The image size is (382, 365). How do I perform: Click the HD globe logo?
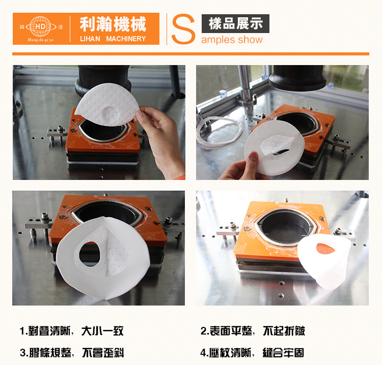tap(40, 26)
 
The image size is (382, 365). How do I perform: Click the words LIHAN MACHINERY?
tap(113, 39)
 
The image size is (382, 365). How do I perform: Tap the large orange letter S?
tap(183, 29)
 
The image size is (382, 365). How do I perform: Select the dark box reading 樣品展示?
tap(235, 23)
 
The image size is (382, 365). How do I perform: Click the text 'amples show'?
tap(232, 40)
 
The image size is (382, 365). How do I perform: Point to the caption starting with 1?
tap(72, 331)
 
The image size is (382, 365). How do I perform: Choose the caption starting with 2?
tap(253, 331)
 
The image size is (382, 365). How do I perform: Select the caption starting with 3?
tap(72, 353)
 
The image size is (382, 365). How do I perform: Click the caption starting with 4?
tap(253, 353)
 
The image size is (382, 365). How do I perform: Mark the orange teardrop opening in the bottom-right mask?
tap(325, 248)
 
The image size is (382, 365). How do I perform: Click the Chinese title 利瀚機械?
tap(113, 24)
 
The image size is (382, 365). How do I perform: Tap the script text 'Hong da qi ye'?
tap(40, 40)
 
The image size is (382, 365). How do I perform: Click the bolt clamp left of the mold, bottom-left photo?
tap(40, 225)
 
